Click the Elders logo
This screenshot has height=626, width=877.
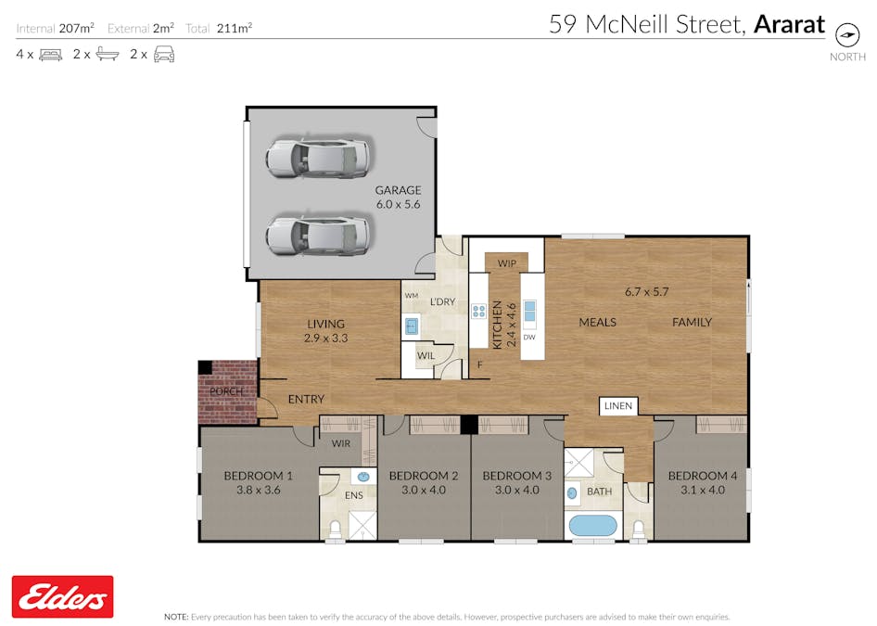click(62, 596)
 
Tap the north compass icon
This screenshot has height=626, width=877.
click(847, 34)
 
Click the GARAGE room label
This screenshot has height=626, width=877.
click(398, 190)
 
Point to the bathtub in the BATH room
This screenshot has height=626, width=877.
click(592, 526)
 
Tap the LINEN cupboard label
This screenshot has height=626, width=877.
click(617, 406)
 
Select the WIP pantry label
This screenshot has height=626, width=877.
click(506, 263)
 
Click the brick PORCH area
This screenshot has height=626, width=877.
click(227, 390)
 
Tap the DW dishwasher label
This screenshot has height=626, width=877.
click(529, 337)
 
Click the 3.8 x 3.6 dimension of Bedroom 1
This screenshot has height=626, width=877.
click(258, 491)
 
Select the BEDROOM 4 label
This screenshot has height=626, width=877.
click(702, 476)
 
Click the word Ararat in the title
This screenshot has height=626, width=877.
click(789, 24)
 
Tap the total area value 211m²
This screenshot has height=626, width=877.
click(234, 28)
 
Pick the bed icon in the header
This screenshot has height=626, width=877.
click(50, 55)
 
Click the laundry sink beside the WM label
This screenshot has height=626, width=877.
click(411, 326)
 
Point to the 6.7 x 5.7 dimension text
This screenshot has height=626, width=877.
click(646, 291)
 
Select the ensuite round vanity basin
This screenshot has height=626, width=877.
click(363, 477)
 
